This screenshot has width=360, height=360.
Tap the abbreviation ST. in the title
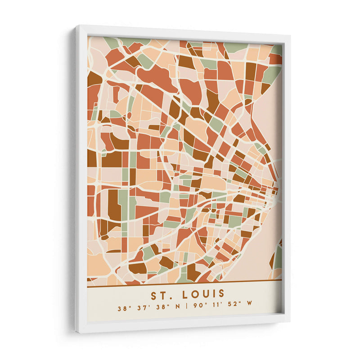(x=160, y=295)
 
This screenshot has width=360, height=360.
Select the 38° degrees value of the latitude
(x=122, y=309)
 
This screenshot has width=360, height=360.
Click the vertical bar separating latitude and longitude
(x=186, y=309)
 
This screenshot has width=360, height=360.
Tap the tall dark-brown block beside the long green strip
(x=113, y=205)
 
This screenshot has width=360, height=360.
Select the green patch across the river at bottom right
(x=279, y=256)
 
